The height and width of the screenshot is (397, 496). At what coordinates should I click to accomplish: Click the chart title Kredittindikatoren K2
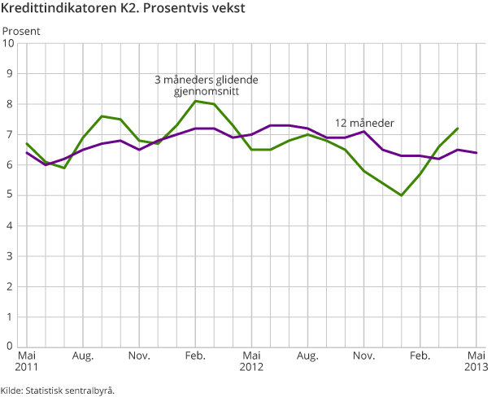[x=123, y=10]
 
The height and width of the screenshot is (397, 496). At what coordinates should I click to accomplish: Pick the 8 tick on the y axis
[x=11, y=104]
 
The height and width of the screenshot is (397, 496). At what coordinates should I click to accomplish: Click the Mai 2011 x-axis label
[x=27, y=361]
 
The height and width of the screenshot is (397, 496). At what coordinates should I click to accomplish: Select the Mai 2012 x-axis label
[x=252, y=361]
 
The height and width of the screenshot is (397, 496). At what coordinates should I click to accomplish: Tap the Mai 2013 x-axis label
[x=476, y=361]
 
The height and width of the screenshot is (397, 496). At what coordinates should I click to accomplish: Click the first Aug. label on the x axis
[x=83, y=356]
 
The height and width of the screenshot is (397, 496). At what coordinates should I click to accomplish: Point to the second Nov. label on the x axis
[x=364, y=356]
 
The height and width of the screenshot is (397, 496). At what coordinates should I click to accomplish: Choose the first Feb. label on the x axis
[x=195, y=356]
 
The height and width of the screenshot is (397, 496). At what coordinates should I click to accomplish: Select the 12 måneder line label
[x=365, y=123]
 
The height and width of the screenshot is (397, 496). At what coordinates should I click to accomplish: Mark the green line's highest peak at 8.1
[x=196, y=101]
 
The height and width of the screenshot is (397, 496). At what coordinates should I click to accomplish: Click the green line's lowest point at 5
[x=402, y=195]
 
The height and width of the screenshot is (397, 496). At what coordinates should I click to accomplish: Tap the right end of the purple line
[x=476, y=153]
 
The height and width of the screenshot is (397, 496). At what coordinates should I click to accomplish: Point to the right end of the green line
[x=458, y=129]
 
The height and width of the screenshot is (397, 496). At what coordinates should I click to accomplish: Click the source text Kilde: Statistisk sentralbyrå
[x=58, y=390]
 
